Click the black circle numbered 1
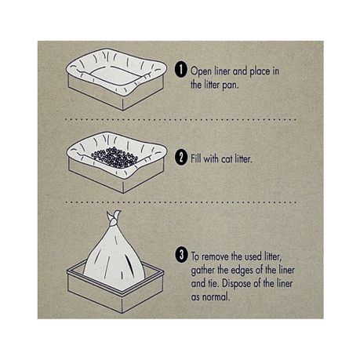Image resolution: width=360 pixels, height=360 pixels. [x=181, y=70]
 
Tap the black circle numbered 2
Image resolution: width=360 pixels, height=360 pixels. [x=181, y=157]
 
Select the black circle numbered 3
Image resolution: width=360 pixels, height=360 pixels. [x=182, y=255]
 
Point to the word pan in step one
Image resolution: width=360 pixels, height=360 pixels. [x=231, y=85]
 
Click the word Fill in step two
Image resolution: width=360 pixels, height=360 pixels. [x=196, y=158]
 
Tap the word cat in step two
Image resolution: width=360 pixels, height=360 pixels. [x=227, y=159]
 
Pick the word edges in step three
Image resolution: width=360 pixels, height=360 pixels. [x=242, y=271]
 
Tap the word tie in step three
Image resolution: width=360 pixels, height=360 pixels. [x=213, y=284]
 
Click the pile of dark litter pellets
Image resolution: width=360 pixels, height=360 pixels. [x=115, y=158]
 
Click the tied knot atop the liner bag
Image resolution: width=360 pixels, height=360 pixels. [x=114, y=219]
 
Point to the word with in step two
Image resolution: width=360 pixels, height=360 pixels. [x=212, y=158]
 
